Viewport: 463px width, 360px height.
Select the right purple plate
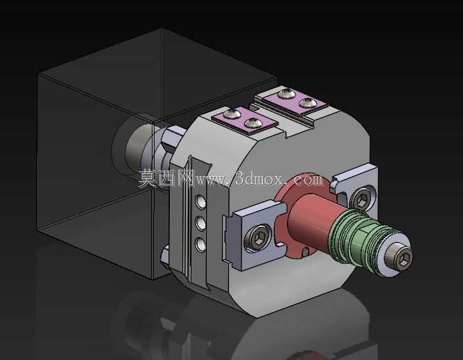click(295, 100)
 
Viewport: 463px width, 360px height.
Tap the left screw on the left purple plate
click(230, 114)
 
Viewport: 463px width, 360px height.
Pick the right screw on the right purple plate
click(308, 103)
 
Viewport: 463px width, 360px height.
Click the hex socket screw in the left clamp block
click(258, 238)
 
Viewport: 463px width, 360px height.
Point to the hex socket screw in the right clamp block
click(361, 198)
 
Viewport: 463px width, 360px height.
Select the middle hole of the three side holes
click(201, 224)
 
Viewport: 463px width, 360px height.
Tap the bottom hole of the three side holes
click(201, 245)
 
